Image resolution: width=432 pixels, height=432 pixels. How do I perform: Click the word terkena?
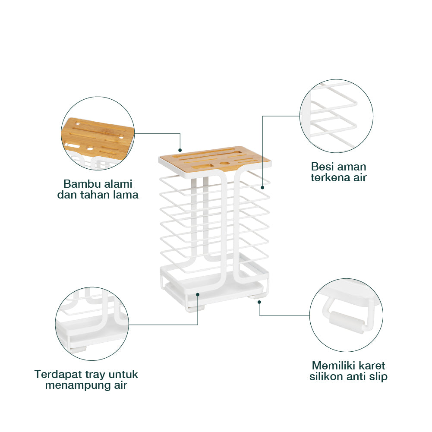tap(332, 177)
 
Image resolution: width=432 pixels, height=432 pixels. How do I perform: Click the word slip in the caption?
tap(378, 376)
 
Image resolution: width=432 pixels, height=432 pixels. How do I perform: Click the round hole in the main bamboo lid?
tap(224, 164)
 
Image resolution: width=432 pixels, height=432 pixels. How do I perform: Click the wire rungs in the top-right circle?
tap(334, 117)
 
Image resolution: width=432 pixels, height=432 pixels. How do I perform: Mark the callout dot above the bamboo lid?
tap(180, 149)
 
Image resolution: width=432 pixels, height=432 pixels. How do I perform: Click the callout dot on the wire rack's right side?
tap(262, 187)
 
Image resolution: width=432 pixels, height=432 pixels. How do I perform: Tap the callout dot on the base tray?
tap(197, 294)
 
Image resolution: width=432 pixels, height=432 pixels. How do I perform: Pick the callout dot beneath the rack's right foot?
tap(259, 301)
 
